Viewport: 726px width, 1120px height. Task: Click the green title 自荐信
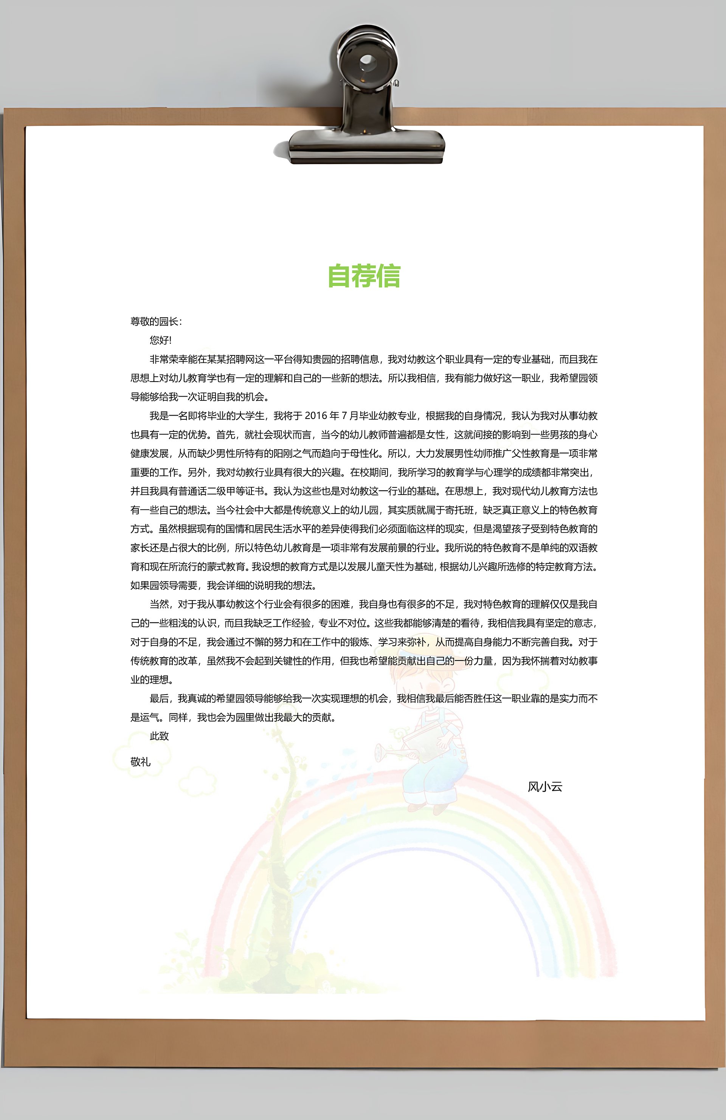[x=364, y=276]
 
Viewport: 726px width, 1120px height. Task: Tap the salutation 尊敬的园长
[x=154, y=322]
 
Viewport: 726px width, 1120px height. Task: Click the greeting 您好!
[x=160, y=340]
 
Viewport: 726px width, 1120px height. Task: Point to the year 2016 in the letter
[x=316, y=416]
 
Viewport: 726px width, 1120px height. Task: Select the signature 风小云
[x=545, y=787]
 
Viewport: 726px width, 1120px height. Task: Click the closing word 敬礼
[x=140, y=762]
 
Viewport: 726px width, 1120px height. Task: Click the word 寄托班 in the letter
[x=459, y=510]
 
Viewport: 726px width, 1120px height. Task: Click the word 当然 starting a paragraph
[x=159, y=604]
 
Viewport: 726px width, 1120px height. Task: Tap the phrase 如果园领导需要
[x=164, y=585]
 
